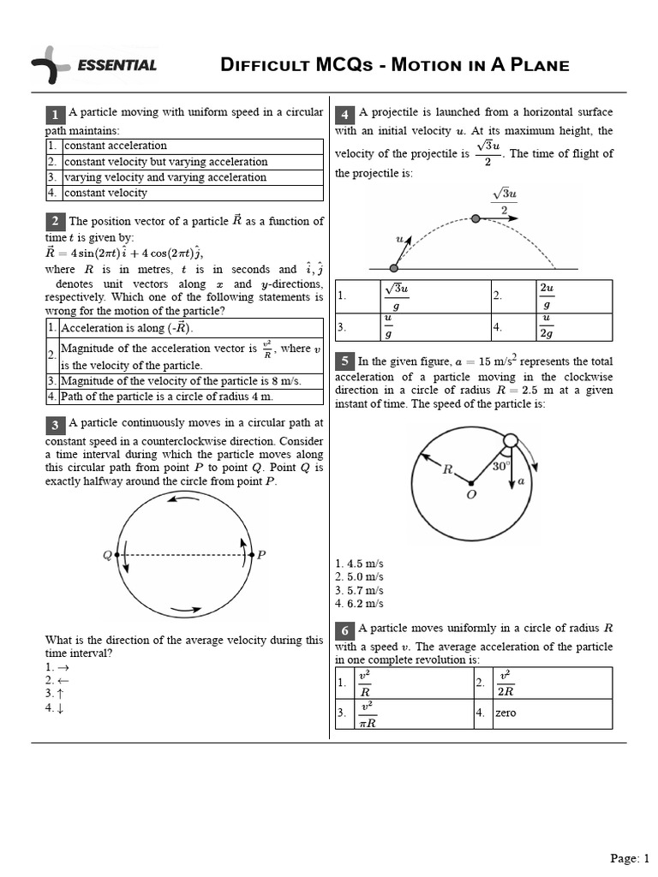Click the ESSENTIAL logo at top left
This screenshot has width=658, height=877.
pyautogui.click(x=94, y=66)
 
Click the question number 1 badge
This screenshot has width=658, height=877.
pyautogui.click(x=55, y=115)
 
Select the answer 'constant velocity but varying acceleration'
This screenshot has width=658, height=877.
pyautogui.click(x=165, y=161)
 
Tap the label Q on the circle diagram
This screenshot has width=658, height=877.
pyautogui.click(x=107, y=555)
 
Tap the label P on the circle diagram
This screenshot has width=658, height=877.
pyautogui.click(x=261, y=555)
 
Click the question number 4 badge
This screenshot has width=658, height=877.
pyautogui.click(x=344, y=115)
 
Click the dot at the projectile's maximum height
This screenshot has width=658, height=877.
pyautogui.click(x=476, y=219)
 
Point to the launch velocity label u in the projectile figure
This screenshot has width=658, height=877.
pyautogui.click(x=398, y=240)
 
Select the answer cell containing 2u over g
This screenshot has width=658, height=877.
pyautogui.click(x=546, y=295)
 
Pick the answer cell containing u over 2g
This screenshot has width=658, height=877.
pyautogui.click(x=546, y=326)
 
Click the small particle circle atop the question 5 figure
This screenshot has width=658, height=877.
pyautogui.click(x=510, y=440)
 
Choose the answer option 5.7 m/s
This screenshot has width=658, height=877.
pyautogui.click(x=360, y=591)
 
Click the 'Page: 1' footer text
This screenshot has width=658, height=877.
pyautogui.click(x=630, y=858)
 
